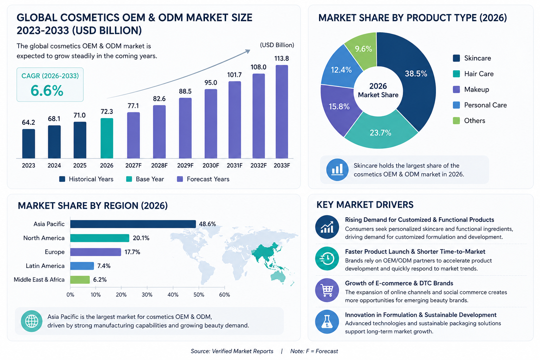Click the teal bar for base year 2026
tap(107, 138)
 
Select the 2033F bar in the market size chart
tap(282, 112)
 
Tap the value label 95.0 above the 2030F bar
tap(211, 83)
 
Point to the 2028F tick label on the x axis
tap(159, 166)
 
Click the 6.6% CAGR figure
tap(47, 91)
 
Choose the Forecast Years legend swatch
tap(180, 179)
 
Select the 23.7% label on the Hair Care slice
tap(380, 133)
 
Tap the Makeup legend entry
tap(471, 89)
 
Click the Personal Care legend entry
tap(480, 105)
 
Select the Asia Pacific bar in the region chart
tap(133, 224)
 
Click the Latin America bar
tap(82, 266)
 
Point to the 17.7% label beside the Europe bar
tap(132, 252)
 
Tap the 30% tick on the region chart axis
tap(147, 295)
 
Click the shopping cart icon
tap(327, 290)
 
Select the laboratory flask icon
tap(327, 322)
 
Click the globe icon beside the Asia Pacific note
tap(32, 321)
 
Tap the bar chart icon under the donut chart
tap(337, 170)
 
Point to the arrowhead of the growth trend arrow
tap(248, 51)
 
